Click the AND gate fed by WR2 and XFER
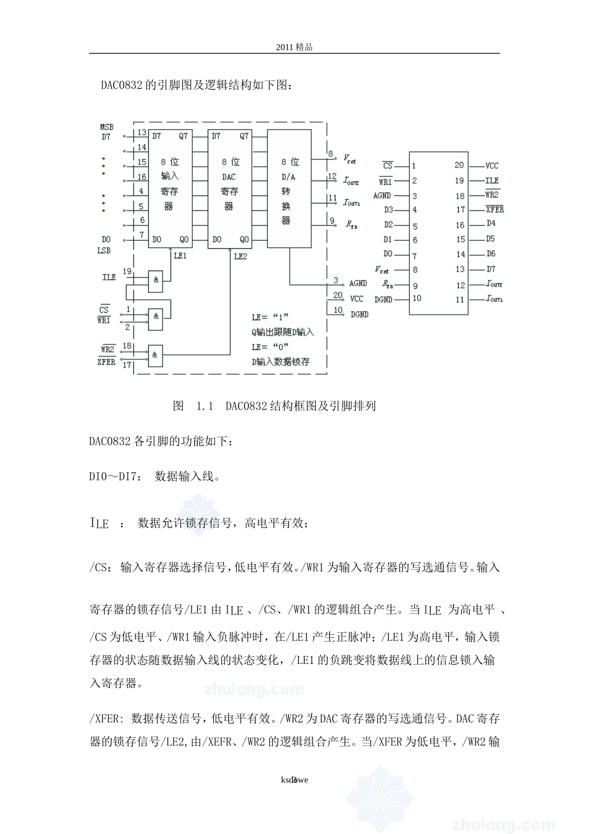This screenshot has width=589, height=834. click(156, 355)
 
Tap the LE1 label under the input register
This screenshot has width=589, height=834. click(180, 255)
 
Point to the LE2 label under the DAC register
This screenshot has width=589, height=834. click(241, 255)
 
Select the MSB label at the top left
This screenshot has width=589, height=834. click(107, 127)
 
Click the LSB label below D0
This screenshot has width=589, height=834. click(104, 251)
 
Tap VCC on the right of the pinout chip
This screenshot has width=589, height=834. click(492, 166)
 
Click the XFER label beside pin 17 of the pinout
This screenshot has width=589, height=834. click(494, 210)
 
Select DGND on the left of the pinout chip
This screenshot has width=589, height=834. click(383, 300)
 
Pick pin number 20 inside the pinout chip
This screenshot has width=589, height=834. click(459, 165)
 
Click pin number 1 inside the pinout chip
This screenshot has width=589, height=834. click(414, 166)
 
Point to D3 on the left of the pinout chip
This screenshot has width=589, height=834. click(388, 210)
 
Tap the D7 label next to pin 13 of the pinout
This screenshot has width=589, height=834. click(491, 269)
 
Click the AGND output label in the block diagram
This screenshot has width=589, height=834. click(358, 283)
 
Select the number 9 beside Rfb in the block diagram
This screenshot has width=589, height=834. click(332, 220)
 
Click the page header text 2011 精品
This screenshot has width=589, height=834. click(294, 47)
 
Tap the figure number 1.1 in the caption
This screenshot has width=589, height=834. click(205, 406)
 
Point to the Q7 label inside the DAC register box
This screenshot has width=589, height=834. click(244, 136)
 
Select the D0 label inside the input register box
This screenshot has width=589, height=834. click(156, 240)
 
